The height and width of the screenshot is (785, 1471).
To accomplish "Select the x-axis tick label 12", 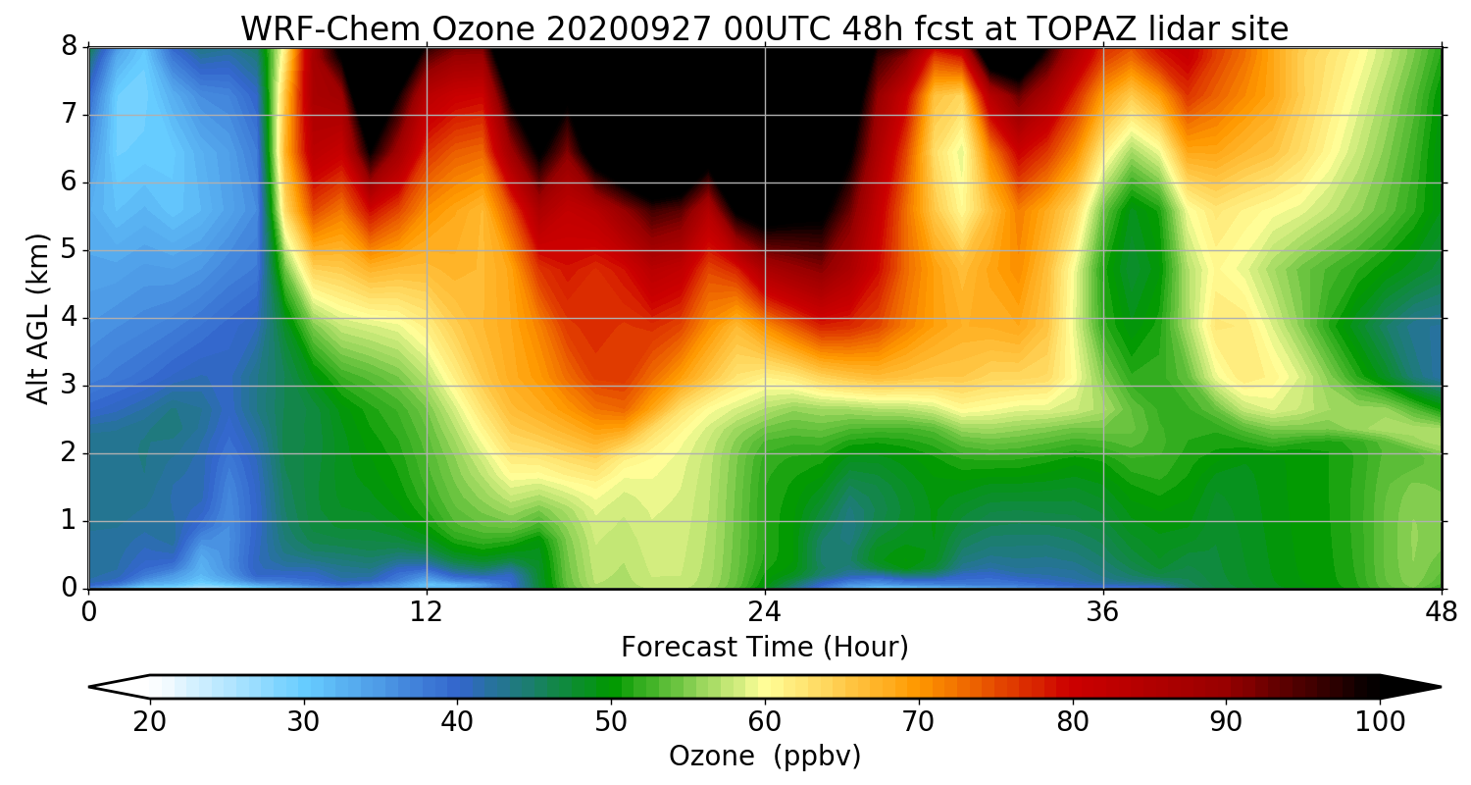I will (x=427, y=611).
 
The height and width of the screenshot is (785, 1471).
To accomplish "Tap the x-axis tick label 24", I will (x=765, y=611).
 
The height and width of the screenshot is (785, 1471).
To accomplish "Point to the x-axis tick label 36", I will (x=1103, y=611).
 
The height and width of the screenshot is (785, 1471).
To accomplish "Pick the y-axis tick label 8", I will (x=70, y=47).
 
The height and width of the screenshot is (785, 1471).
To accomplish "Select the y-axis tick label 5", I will (x=70, y=250).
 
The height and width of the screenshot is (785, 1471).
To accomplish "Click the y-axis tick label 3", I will (x=70, y=386).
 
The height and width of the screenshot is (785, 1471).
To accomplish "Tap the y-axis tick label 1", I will (x=70, y=521).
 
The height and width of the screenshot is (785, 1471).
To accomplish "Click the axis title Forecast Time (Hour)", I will (x=765, y=648).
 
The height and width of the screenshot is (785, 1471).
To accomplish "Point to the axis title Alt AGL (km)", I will (x=37, y=318).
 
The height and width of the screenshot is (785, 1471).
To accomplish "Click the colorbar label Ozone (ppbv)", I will (x=765, y=757).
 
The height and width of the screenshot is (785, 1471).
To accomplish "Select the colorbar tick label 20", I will (x=150, y=721).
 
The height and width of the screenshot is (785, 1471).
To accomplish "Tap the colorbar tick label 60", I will (x=765, y=721).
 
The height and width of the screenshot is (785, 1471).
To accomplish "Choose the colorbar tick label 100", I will (x=1380, y=721).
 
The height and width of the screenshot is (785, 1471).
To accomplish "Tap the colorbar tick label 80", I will (x=1073, y=721).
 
